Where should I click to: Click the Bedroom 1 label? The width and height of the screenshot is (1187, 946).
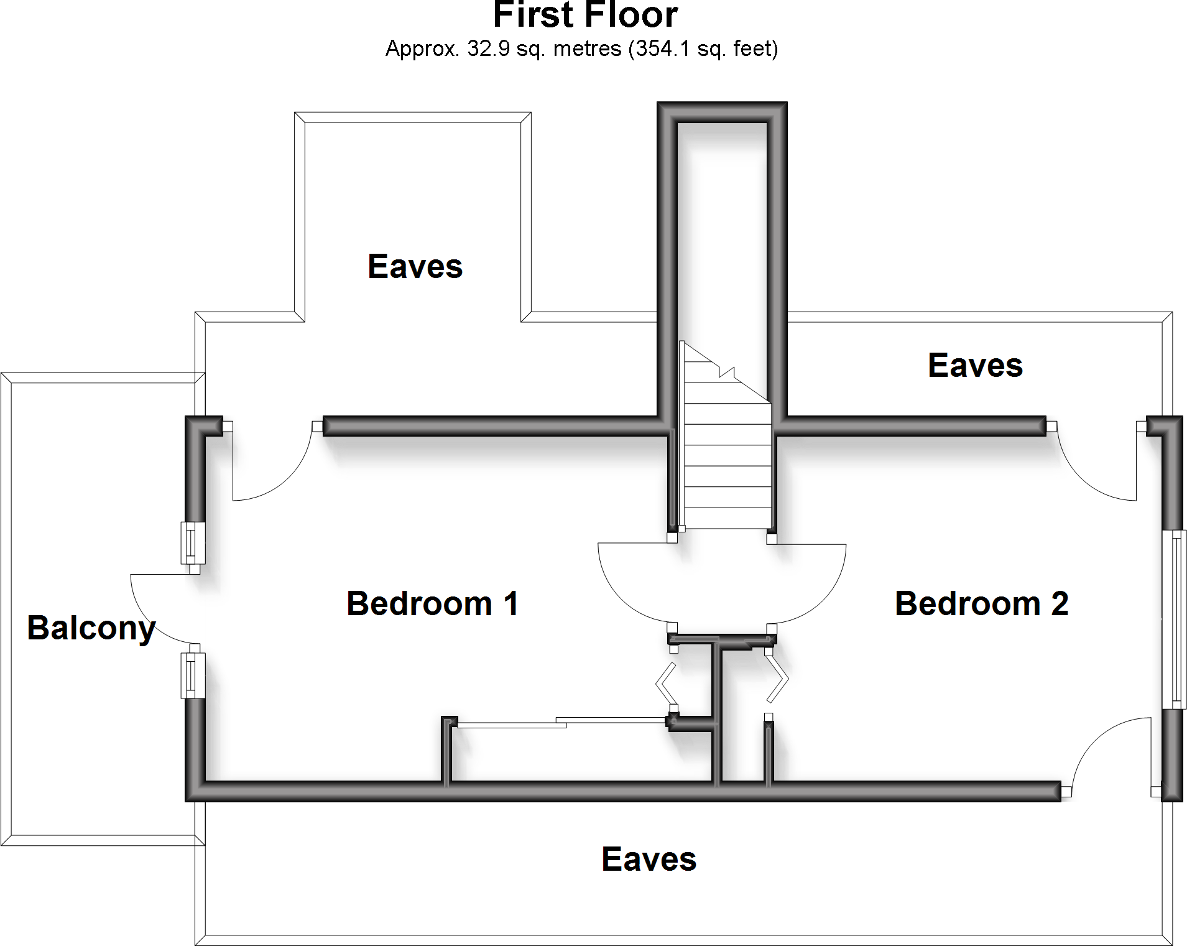pyautogui.click(x=433, y=604)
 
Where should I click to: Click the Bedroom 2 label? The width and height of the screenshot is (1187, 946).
pyautogui.click(x=981, y=604)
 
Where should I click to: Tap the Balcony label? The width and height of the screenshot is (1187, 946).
pyautogui.click(x=91, y=628)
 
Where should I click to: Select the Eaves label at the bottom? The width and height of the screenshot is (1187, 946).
pyautogui.click(x=649, y=860)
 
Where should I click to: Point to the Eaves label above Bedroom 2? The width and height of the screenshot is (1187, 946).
pyautogui.click(x=975, y=366)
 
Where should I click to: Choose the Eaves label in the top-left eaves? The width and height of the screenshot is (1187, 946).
pyautogui.click(x=415, y=267)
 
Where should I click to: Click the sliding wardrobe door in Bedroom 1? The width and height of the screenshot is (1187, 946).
pyautogui.click(x=560, y=723)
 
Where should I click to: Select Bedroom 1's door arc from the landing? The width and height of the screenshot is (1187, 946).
pyautogui.click(x=622, y=597)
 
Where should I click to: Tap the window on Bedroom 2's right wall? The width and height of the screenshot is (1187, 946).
pyautogui.click(x=1175, y=619)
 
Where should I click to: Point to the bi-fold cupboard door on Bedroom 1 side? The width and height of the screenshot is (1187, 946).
pyautogui.click(x=665, y=684)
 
